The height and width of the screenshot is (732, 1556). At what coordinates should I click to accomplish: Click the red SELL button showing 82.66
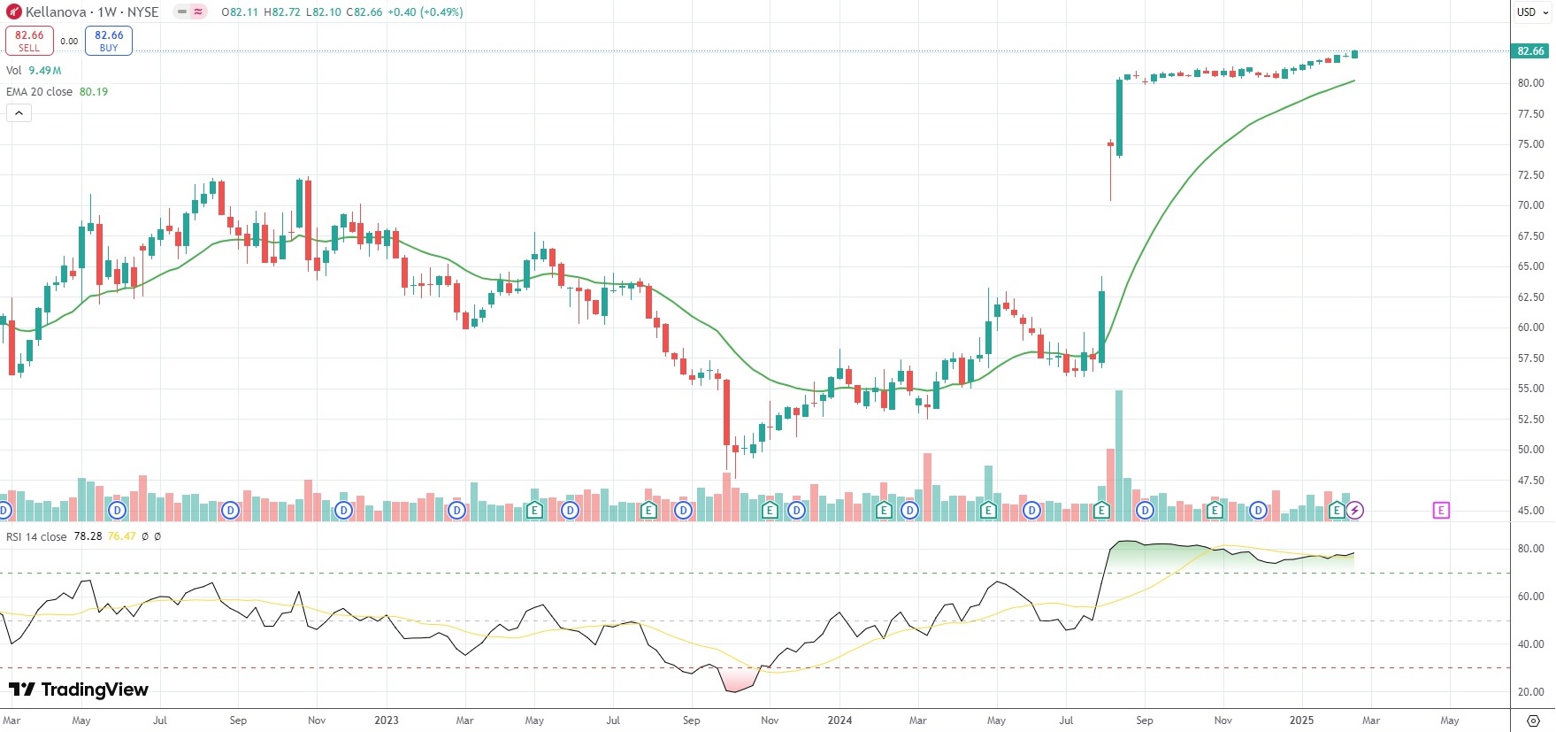coord(29,41)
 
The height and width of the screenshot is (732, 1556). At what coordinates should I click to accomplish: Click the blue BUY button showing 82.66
coord(109,41)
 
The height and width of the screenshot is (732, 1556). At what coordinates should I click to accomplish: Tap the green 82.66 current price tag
coord(1530,51)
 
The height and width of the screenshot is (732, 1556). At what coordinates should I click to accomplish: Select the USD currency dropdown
coord(1532,12)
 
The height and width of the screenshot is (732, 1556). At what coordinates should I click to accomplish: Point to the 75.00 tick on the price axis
coord(1530,144)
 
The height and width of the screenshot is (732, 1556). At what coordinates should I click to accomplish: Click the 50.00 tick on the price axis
coord(1530,450)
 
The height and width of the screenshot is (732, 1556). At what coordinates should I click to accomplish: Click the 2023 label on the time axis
coord(387,720)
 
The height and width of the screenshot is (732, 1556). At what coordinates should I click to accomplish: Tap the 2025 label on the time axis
coord(1301,720)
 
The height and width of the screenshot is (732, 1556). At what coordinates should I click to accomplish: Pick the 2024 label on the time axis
coord(839,720)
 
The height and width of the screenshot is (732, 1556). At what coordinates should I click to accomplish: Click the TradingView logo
coord(79,690)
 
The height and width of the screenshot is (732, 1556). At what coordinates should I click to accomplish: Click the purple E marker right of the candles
coord(1441,510)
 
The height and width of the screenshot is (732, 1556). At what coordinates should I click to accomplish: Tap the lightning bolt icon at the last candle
coord(1355,510)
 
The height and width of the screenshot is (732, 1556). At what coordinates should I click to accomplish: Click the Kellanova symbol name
coord(56,12)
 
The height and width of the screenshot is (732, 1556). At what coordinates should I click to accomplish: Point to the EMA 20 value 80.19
coord(94,92)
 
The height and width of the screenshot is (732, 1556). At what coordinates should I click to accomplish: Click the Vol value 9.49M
coord(45,71)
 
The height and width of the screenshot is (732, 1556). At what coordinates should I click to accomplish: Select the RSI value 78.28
coord(87,536)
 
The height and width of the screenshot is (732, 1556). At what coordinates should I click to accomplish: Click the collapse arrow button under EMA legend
coord(19,112)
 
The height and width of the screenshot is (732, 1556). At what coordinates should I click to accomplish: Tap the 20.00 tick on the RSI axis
coord(1530,692)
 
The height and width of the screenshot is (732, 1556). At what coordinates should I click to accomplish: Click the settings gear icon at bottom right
coord(1534,720)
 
